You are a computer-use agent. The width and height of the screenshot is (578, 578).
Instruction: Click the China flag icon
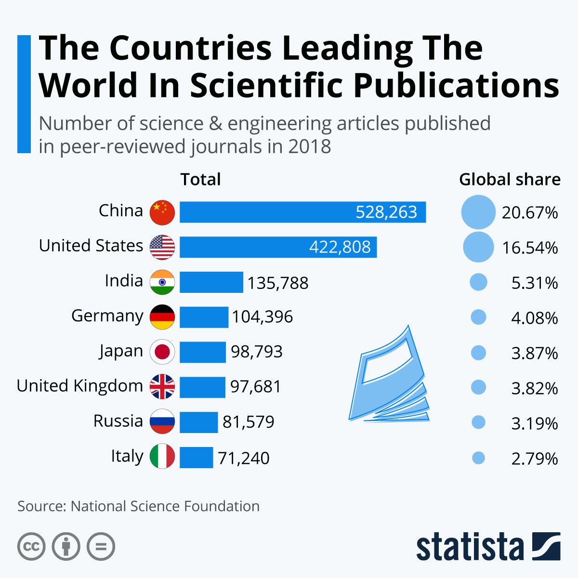pos(162,212)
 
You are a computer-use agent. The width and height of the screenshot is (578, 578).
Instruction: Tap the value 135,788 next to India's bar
pos(278,283)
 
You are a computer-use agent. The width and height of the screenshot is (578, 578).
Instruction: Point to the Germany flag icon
pos(162,317)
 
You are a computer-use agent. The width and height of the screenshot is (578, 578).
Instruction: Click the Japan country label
pos(121,351)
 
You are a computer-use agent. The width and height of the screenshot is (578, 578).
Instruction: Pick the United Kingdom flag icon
pos(162,387)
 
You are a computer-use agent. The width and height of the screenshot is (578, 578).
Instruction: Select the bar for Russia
pos(198,422)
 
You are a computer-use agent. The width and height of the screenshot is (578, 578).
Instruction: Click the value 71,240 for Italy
pos(244,458)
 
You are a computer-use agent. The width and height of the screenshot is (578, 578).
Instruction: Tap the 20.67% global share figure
pos(530,212)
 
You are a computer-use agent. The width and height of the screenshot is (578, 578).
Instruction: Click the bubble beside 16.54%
pos(478,247)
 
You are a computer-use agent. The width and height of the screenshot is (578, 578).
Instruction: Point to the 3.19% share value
pos(535,423)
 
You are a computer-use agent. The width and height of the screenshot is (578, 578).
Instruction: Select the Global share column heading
pos(510,180)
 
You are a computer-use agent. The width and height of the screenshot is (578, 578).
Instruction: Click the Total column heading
pos(200,180)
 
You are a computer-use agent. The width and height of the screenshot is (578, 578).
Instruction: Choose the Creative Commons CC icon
pos(31,547)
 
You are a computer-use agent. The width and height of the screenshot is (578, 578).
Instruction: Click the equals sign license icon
pos(101,547)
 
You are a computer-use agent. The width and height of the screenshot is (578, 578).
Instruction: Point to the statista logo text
pos(470,548)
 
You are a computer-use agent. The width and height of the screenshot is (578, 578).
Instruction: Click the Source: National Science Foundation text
pos(139,506)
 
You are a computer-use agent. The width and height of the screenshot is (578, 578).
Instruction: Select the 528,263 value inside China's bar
pos(386,212)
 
